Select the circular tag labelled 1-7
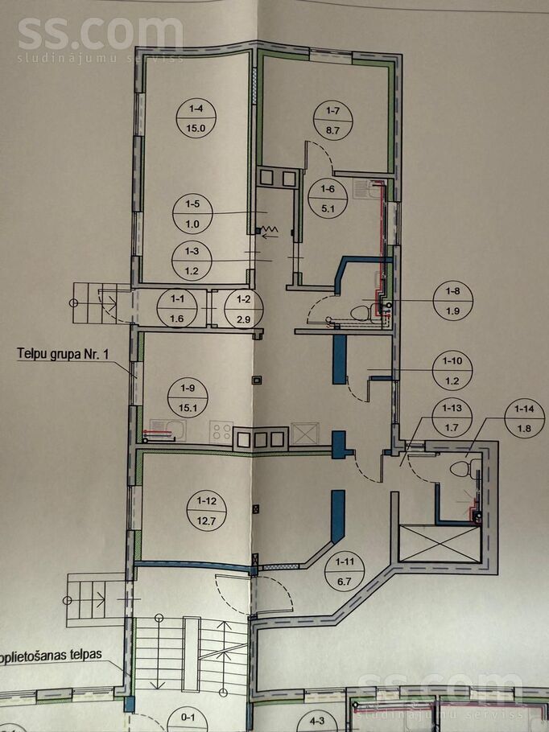(333, 118)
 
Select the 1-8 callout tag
(453, 301)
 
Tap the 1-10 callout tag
(453, 370)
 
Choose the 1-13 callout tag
(452, 417)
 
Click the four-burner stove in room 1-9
(221, 431)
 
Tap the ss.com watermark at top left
(98, 36)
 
